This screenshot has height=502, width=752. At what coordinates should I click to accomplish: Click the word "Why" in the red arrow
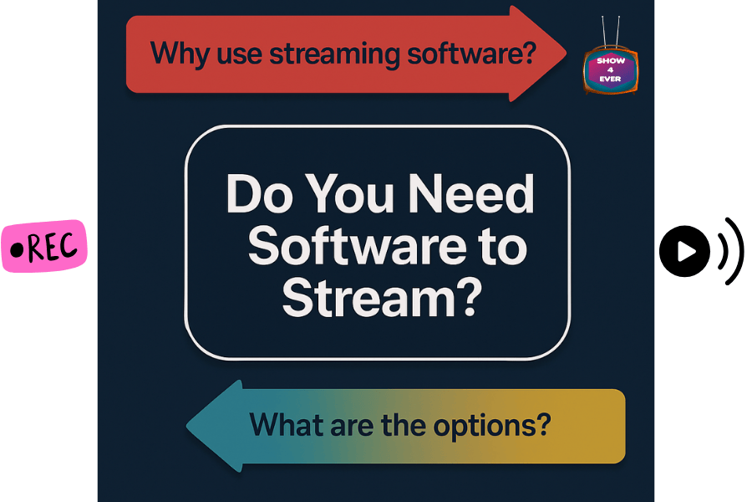pos(178,54)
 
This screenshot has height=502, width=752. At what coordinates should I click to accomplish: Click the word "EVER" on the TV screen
pos(610,79)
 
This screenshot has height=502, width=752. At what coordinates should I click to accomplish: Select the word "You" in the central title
pos(352,194)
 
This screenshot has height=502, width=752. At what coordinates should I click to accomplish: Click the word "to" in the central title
pos(498,248)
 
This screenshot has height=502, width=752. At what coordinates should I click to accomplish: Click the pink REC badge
pos(43,247)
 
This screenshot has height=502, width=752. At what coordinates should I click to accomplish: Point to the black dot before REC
pos(16,248)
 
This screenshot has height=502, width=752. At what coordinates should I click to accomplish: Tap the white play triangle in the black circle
pos(686,250)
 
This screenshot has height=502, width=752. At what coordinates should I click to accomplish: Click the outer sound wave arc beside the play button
pos(735,249)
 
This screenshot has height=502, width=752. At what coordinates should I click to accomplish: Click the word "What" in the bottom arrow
pos(285,424)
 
